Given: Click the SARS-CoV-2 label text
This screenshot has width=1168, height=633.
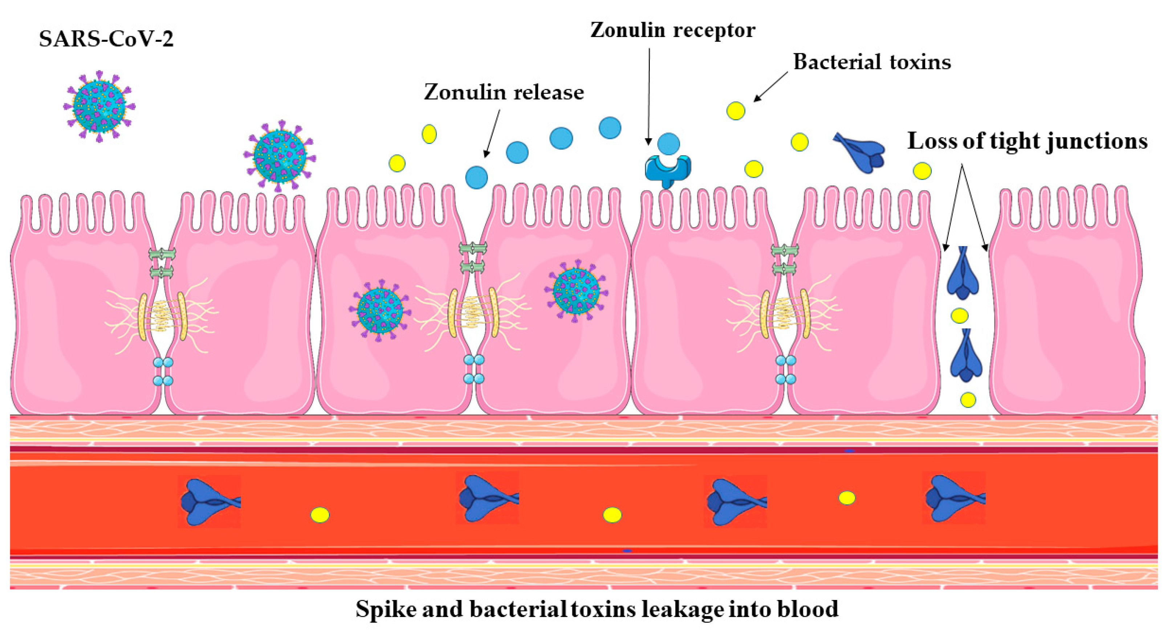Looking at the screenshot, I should pyautogui.click(x=106, y=39).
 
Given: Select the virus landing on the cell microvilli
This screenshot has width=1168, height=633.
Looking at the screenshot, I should pyautogui.click(x=280, y=155).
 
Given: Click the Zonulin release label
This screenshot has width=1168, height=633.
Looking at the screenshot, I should pyautogui.click(x=504, y=93).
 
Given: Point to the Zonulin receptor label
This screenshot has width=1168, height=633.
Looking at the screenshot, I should pyautogui.click(x=672, y=30).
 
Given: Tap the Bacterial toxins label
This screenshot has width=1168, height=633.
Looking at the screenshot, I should pyautogui.click(x=871, y=62).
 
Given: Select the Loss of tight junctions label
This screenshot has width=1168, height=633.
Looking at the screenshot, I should pyautogui.click(x=1027, y=141).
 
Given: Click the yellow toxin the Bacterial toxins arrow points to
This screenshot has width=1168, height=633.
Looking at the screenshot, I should pyautogui.click(x=736, y=111).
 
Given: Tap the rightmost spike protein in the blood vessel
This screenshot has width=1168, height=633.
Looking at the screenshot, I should pyautogui.click(x=954, y=498).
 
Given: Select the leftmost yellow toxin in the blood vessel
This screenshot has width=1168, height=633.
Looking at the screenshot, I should pyautogui.click(x=320, y=515).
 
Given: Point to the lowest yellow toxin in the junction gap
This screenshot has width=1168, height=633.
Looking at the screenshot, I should pyautogui.click(x=968, y=400).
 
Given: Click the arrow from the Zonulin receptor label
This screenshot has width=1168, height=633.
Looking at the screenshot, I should pyautogui.click(x=649, y=95).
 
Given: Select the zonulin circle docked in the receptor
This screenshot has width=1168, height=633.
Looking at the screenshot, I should pyautogui.click(x=668, y=144).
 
